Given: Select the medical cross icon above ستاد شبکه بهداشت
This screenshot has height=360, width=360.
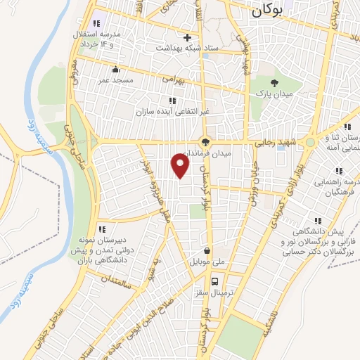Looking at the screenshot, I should point(187,37).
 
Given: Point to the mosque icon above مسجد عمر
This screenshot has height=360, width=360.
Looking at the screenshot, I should point(116,70).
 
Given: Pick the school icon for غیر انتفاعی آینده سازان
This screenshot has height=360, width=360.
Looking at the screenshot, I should point(172,101).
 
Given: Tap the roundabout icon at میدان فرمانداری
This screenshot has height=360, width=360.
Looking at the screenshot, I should point(205,141).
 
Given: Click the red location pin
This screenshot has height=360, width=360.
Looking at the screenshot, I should point(181,167).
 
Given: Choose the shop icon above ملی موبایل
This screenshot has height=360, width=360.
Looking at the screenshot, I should point(207,250).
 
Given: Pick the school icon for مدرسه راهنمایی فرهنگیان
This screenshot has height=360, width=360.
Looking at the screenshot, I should point(339,171).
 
